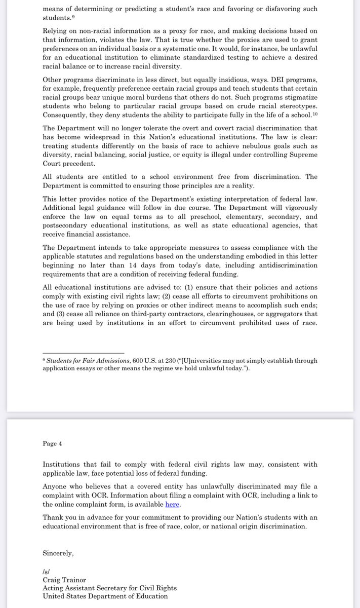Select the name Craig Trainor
65,580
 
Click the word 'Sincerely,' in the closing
58,553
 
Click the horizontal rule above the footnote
84,353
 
